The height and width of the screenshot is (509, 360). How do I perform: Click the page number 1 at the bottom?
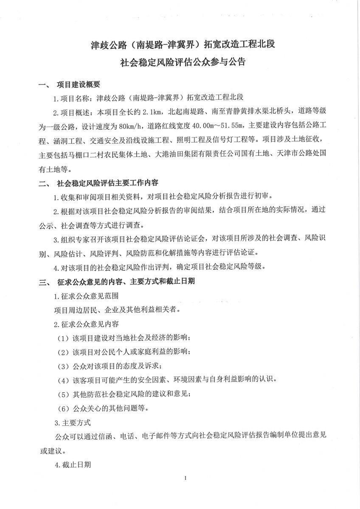186,478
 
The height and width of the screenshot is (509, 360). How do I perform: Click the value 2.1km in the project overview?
152,112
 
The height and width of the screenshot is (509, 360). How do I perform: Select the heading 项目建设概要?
79,85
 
